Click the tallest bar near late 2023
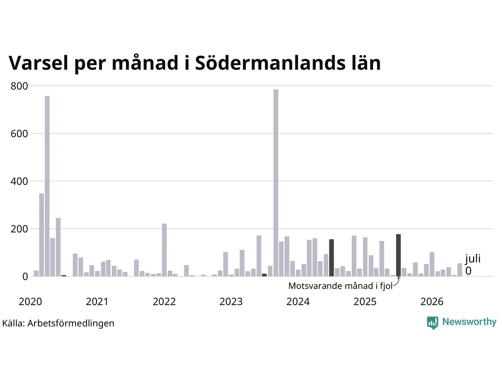[276, 183]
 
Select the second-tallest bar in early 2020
[42, 235]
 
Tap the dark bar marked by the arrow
[398, 255]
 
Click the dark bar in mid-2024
[331, 258]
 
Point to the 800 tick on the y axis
[19, 86]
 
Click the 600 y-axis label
[19, 134]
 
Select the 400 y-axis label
[19, 181]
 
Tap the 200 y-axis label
[19, 229]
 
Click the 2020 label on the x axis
[30, 302]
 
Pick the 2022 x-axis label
[164, 302]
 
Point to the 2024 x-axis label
[298, 302]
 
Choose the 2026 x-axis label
[432, 302]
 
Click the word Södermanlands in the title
[270, 63]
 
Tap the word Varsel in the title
[38, 63]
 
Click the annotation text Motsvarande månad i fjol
[340, 286]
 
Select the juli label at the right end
[473, 259]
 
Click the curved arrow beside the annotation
[397, 281]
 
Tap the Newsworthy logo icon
[433, 323]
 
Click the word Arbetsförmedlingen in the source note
[71, 324]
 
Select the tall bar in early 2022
[164, 250]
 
